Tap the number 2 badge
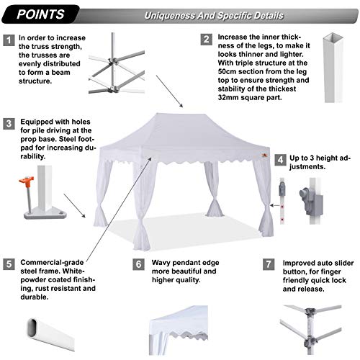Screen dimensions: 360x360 206,39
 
